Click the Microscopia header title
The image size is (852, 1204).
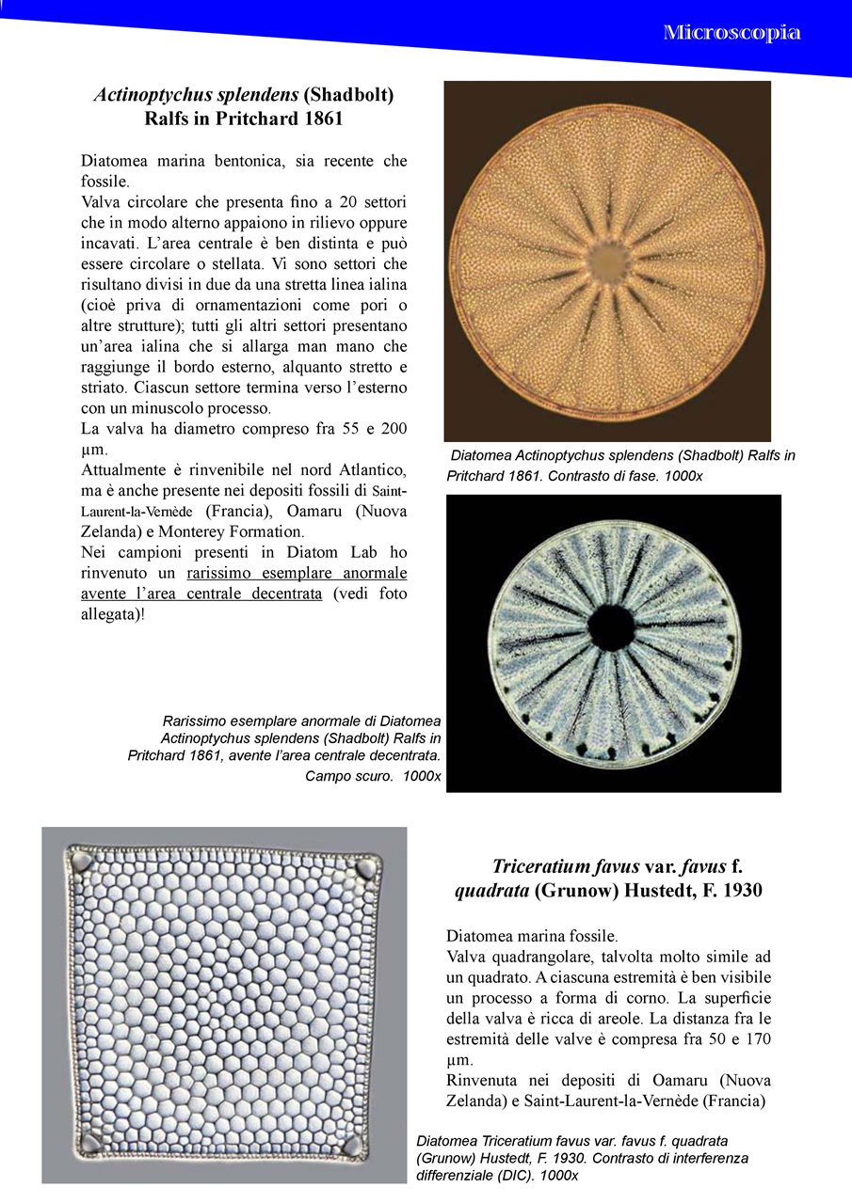731,33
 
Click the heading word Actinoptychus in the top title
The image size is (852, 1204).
149,95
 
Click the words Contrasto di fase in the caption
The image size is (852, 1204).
601,476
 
